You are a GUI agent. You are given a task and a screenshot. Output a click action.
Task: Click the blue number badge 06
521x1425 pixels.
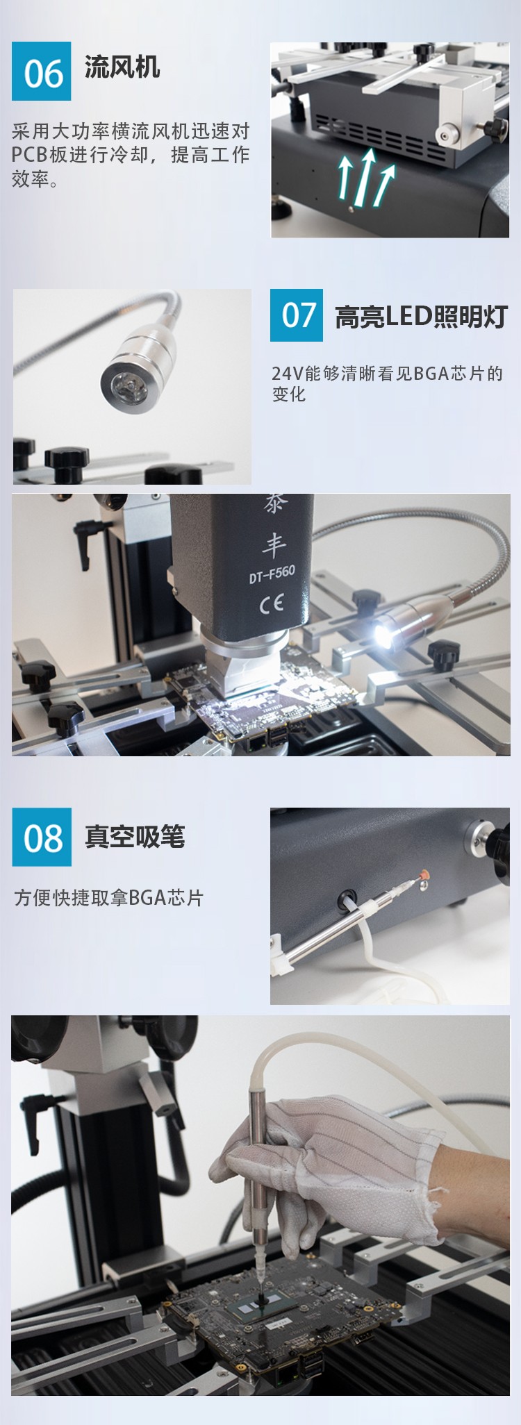point(41,71)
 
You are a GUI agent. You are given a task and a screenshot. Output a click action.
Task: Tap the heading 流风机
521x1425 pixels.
point(122,67)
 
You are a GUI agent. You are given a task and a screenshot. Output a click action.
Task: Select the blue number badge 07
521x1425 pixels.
point(297,315)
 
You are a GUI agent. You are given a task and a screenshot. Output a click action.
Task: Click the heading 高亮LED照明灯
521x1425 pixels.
point(421,317)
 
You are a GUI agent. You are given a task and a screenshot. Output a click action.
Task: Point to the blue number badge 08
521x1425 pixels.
point(42,837)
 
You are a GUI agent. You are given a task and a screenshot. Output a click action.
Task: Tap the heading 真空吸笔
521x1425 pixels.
point(135,836)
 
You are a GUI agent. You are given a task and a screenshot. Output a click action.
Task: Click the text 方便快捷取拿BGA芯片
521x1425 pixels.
point(108,898)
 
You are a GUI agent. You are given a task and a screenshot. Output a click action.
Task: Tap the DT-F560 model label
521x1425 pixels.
point(272,574)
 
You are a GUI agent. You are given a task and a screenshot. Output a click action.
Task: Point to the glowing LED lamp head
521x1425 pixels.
point(383,634)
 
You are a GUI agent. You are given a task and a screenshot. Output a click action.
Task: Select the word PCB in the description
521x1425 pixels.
point(30,155)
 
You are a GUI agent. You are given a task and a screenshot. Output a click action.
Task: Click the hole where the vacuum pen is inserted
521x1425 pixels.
point(346,901)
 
